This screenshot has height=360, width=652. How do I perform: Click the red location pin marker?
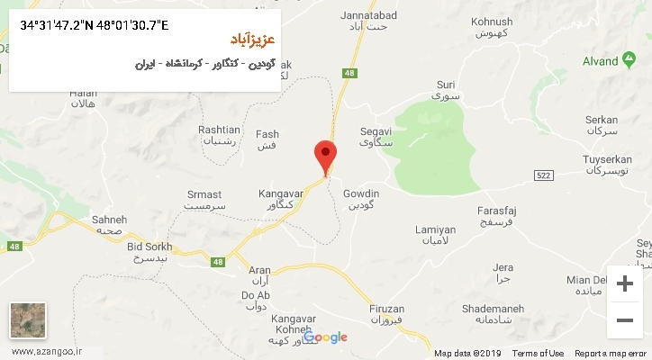tap(325, 157)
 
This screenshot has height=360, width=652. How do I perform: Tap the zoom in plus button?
tap(624, 283)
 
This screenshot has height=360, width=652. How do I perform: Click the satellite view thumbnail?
tap(28, 321)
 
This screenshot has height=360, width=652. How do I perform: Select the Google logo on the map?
tap(326, 337)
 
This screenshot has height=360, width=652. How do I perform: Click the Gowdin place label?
tap(361, 199)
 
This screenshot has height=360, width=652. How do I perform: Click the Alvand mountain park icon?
tap(628, 61)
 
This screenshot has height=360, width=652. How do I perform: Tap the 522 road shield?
tap(542, 174)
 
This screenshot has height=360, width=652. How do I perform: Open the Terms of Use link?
tap(538, 353)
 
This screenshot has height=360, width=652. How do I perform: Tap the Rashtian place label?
tap(219, 135)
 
